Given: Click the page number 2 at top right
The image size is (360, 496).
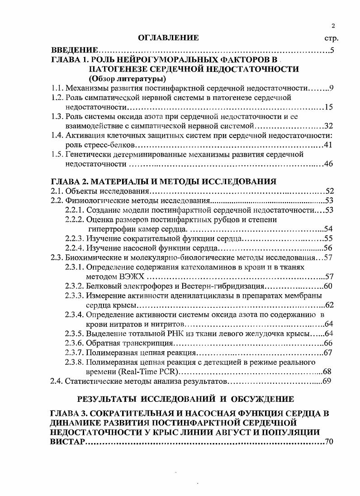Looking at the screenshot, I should click(332, 26).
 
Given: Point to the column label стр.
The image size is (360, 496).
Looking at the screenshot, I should click(332, 39).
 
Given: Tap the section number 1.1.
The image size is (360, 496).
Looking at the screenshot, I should click(56, 88).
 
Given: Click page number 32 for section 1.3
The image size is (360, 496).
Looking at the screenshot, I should click(329, 126).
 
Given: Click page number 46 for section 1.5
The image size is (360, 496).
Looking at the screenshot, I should click(329, 164).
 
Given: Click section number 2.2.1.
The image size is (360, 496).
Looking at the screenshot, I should click(75, 210).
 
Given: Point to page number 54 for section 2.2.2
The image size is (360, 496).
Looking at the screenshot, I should click(328, 229).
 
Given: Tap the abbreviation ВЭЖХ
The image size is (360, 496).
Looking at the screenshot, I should click(133, 277).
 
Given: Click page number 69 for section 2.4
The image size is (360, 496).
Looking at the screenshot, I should click(328, 381).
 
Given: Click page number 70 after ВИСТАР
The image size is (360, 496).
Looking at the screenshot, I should click(329, 441).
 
